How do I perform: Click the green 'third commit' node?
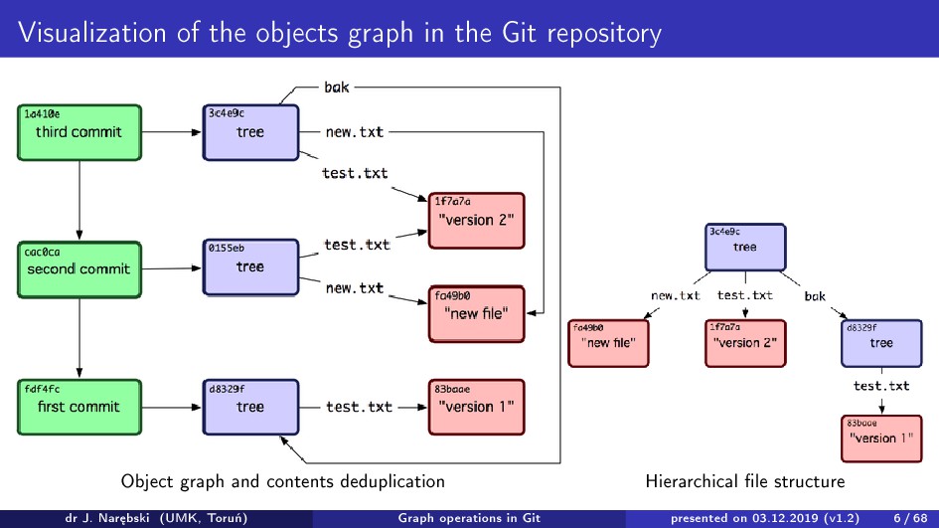coord(78,131)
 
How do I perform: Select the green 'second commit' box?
coord(78,268)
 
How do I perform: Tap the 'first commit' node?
coord(78,406)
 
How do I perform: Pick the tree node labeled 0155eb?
coord(249,266)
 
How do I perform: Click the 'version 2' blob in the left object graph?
coord(475,220)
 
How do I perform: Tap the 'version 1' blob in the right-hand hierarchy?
coord(879,439)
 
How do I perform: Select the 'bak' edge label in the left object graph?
coord(337,88)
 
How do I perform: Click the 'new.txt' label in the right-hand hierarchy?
coord(676,295)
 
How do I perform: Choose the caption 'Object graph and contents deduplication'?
coord(283,481)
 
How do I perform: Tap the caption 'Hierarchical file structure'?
coord(744,481)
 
